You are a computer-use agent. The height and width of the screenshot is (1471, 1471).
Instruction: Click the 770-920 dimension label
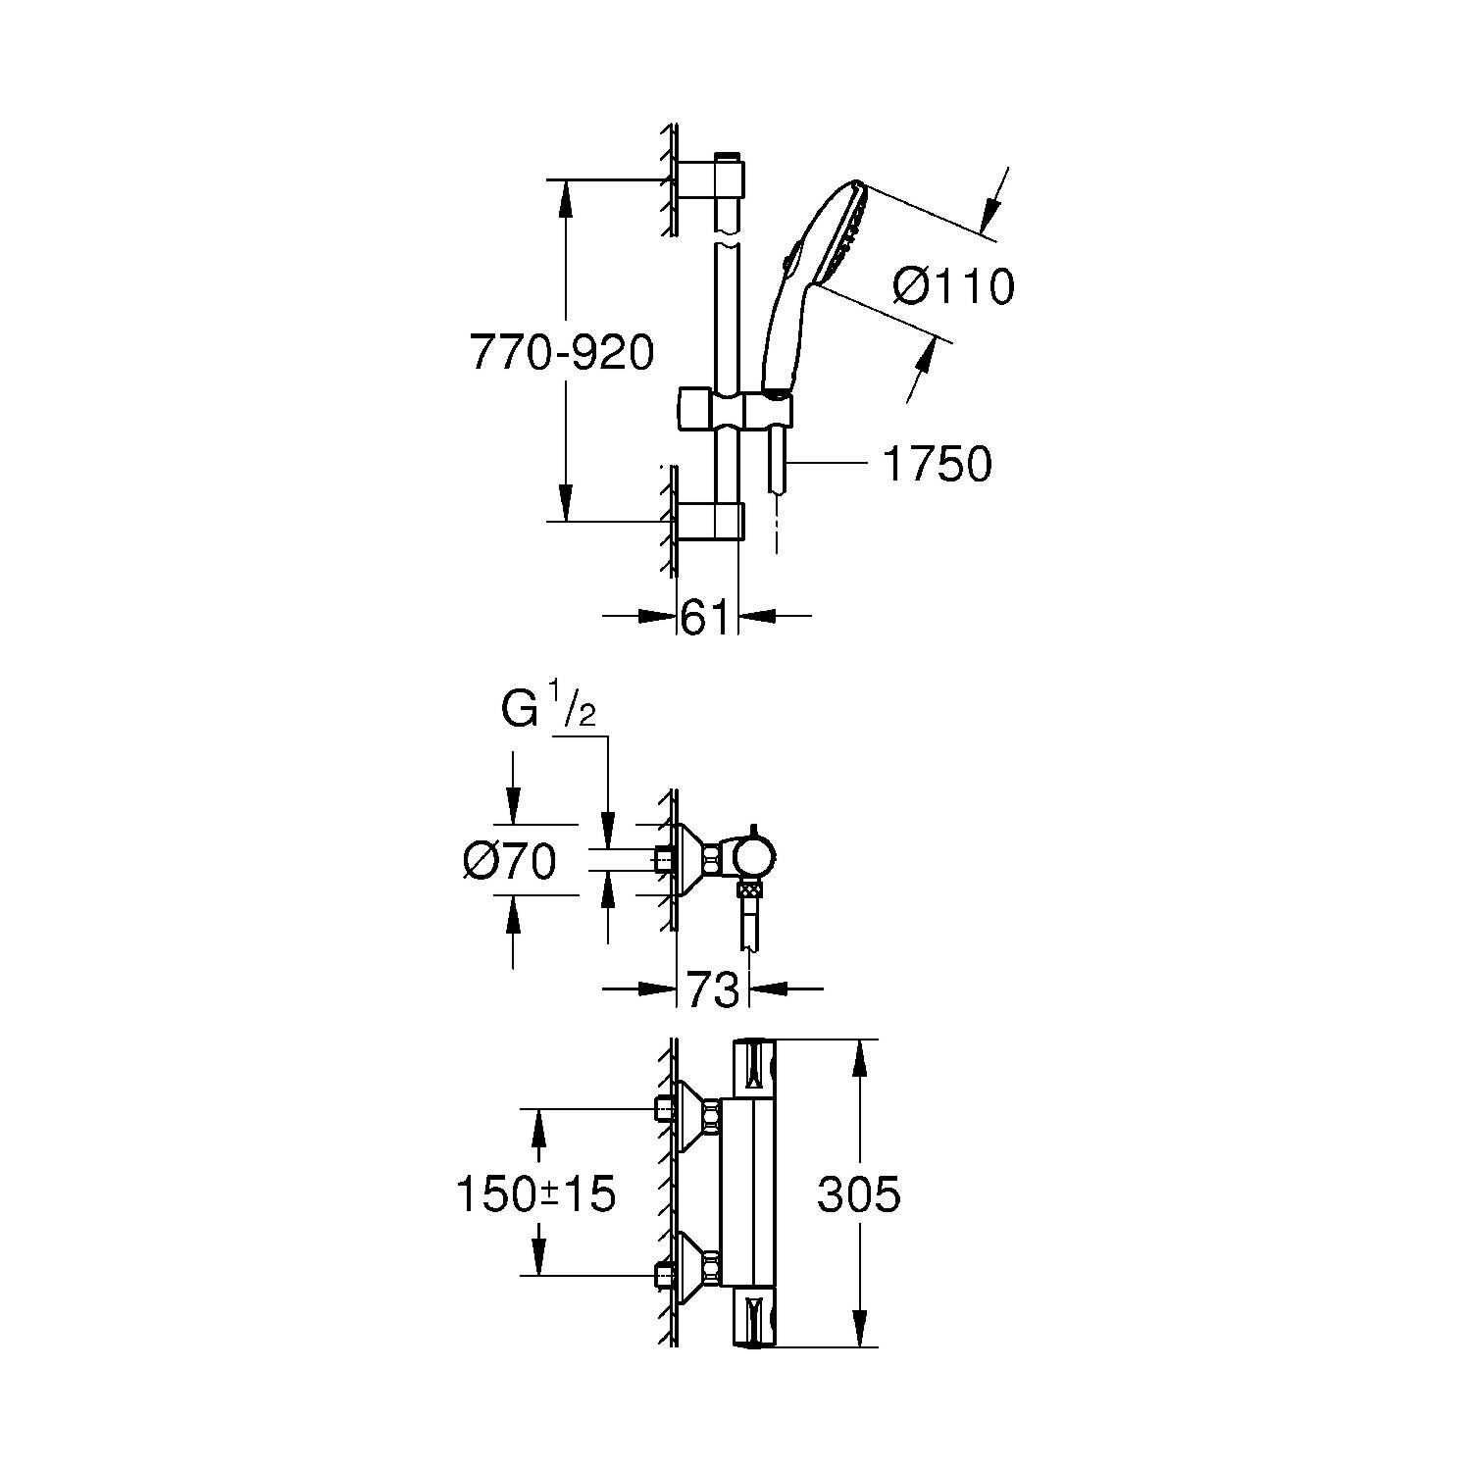[x=562, y=353]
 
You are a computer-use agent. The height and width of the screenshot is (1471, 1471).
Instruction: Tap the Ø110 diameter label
[x=954, y=286]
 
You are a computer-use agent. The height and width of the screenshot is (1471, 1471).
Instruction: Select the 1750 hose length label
[x=938, y=464]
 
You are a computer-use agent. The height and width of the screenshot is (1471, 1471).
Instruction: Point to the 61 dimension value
[x=706, y=618]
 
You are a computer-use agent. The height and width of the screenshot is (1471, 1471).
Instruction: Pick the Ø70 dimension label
[x=510, y=862]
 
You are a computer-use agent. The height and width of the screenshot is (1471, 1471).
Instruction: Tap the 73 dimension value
[x=713, y=990]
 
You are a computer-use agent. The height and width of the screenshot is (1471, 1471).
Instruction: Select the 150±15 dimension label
[x=535, y=1194]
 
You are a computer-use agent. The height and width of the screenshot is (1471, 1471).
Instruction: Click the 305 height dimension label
[x=859, y=1194]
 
